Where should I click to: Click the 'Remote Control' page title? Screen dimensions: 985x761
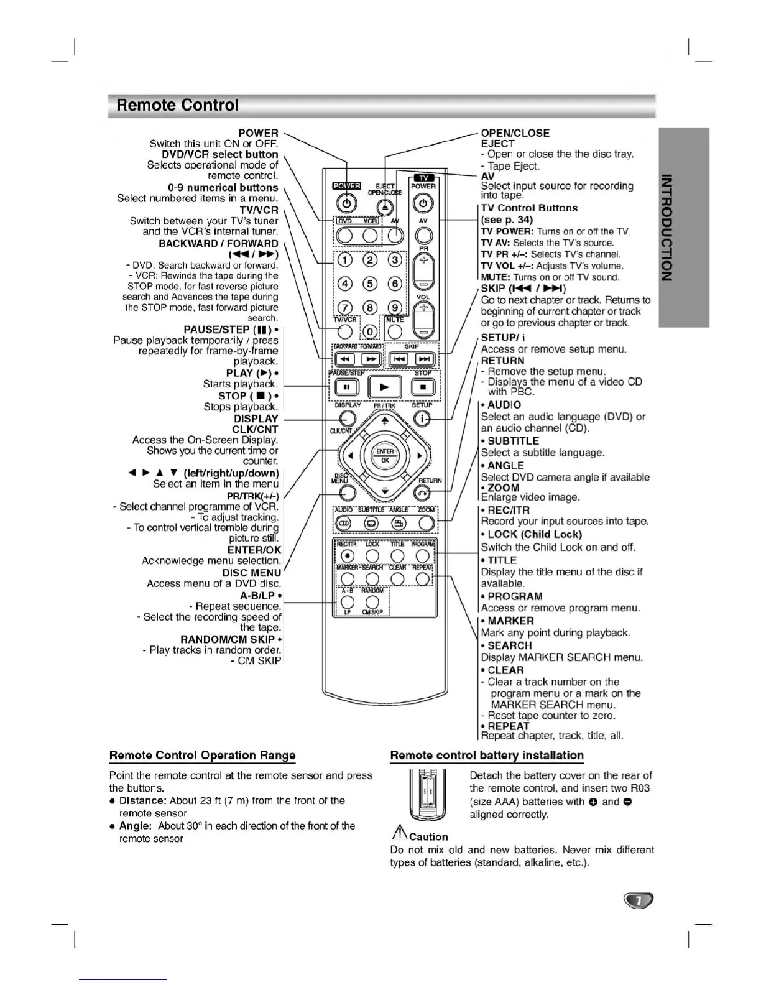(x=177, y=105)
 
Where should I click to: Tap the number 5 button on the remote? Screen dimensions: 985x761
(x=371, y=284)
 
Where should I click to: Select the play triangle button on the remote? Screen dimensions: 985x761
(x=385, y=387)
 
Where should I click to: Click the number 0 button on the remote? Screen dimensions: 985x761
(x=371, y=332)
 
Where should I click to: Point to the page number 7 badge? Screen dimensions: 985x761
(x=637, y=900)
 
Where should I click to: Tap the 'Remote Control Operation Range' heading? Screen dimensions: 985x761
(x=202, y=756)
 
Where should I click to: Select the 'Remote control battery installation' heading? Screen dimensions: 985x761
(x=487, y=756)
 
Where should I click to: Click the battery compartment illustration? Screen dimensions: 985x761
(x=428, y=795)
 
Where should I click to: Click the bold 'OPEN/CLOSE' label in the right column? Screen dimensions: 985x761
(x=515, y=133)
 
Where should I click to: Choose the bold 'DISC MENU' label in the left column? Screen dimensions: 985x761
(x=252, y=573)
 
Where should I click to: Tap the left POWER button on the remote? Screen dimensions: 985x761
(x=347, y=203)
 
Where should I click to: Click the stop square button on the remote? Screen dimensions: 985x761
(x=423, y=387)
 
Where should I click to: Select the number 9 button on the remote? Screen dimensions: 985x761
(x=394, y=308)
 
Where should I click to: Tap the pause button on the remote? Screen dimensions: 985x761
(x=347, y=387)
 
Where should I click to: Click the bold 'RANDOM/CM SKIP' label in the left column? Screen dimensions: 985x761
(x=228, y=640)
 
